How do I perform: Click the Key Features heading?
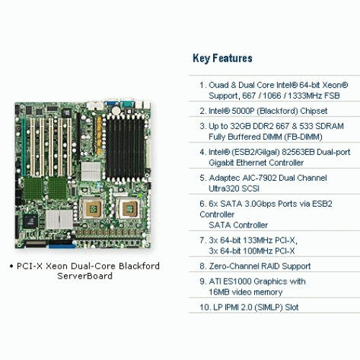coord(222,58)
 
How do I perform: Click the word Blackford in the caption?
coord(139,266)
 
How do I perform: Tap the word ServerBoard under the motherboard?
coord(85,276)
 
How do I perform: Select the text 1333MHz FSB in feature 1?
coord(314,96)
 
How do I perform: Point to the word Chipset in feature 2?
coord(314,111)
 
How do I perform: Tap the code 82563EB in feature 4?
coord(298,152)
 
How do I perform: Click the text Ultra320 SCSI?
coord(234,189)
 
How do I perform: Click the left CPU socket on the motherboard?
coord(92,208)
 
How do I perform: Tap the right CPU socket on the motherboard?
coord(128,208)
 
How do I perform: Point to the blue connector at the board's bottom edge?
coord(62,246)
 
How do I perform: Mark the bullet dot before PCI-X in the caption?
coord(11,266)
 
